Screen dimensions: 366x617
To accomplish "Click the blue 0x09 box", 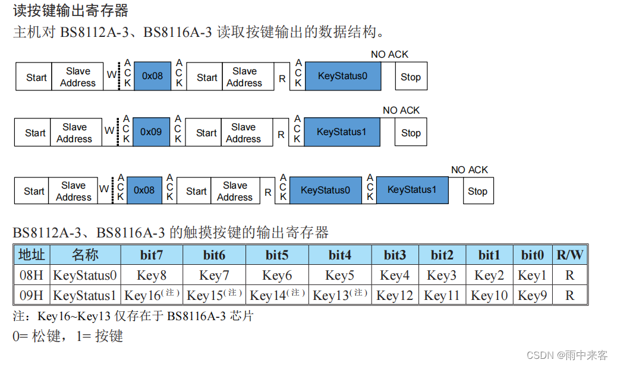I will (151, 132).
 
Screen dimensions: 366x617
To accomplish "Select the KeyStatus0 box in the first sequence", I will (342, 76).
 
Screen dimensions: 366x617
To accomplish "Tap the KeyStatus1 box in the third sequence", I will (412, 190).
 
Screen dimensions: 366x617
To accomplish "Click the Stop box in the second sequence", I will (411, 133).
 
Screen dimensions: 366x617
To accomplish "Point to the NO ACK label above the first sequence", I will (389, 55).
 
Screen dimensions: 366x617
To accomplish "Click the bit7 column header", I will (152, 255).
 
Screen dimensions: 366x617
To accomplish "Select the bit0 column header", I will (533, 255).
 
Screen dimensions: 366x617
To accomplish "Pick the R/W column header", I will (569, 255).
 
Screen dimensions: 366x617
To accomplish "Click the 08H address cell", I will (32, 275).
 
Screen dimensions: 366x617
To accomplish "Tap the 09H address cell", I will (32, 295).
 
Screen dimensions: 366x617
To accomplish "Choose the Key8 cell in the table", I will (152, 275).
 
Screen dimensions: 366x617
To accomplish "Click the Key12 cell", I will (395, 295).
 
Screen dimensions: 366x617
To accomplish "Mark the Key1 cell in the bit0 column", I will (533, 275).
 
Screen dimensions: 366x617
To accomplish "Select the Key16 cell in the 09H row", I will (152, 295).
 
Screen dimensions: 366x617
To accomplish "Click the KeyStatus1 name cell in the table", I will (85, 295).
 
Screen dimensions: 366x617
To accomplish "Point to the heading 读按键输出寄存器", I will (71, 10).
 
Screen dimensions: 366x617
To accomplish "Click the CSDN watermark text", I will (567, 355).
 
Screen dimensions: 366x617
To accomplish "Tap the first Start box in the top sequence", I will (36, 77).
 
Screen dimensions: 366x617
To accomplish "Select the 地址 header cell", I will (32, 255).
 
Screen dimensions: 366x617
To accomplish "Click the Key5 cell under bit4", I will (339, 275).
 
